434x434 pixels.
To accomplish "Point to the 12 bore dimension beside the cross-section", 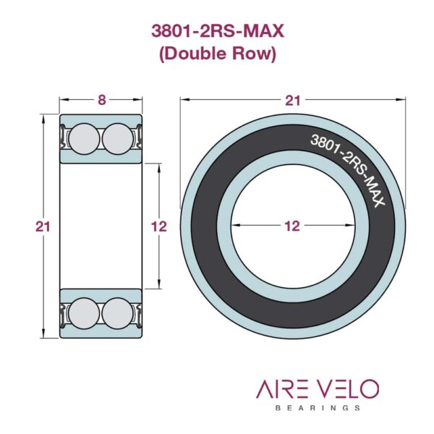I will point(159,226).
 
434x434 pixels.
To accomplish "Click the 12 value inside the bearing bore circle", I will point(292,226).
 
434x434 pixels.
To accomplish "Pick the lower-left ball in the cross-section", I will point(85,313).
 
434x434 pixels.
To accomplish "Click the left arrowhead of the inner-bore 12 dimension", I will point(234,226).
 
